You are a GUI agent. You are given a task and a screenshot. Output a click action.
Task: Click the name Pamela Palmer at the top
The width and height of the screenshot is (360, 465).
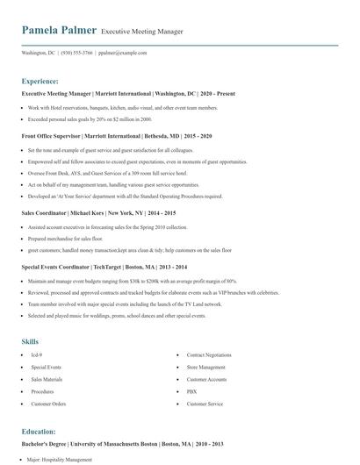(59, 31)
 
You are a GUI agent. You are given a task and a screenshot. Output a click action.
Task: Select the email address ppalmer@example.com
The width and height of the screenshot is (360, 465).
(122, 53)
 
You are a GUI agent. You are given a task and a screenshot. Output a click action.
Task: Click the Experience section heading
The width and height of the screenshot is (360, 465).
(40, 80)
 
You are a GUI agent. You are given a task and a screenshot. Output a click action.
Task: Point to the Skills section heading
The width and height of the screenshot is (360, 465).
(30, 340)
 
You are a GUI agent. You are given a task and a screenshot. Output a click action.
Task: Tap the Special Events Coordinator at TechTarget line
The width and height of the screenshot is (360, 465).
(104, 265)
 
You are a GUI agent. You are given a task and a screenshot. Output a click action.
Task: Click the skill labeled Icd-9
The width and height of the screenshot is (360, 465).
(37, 355)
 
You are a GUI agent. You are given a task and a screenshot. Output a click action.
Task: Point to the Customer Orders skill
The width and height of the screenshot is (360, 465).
(49, 404)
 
